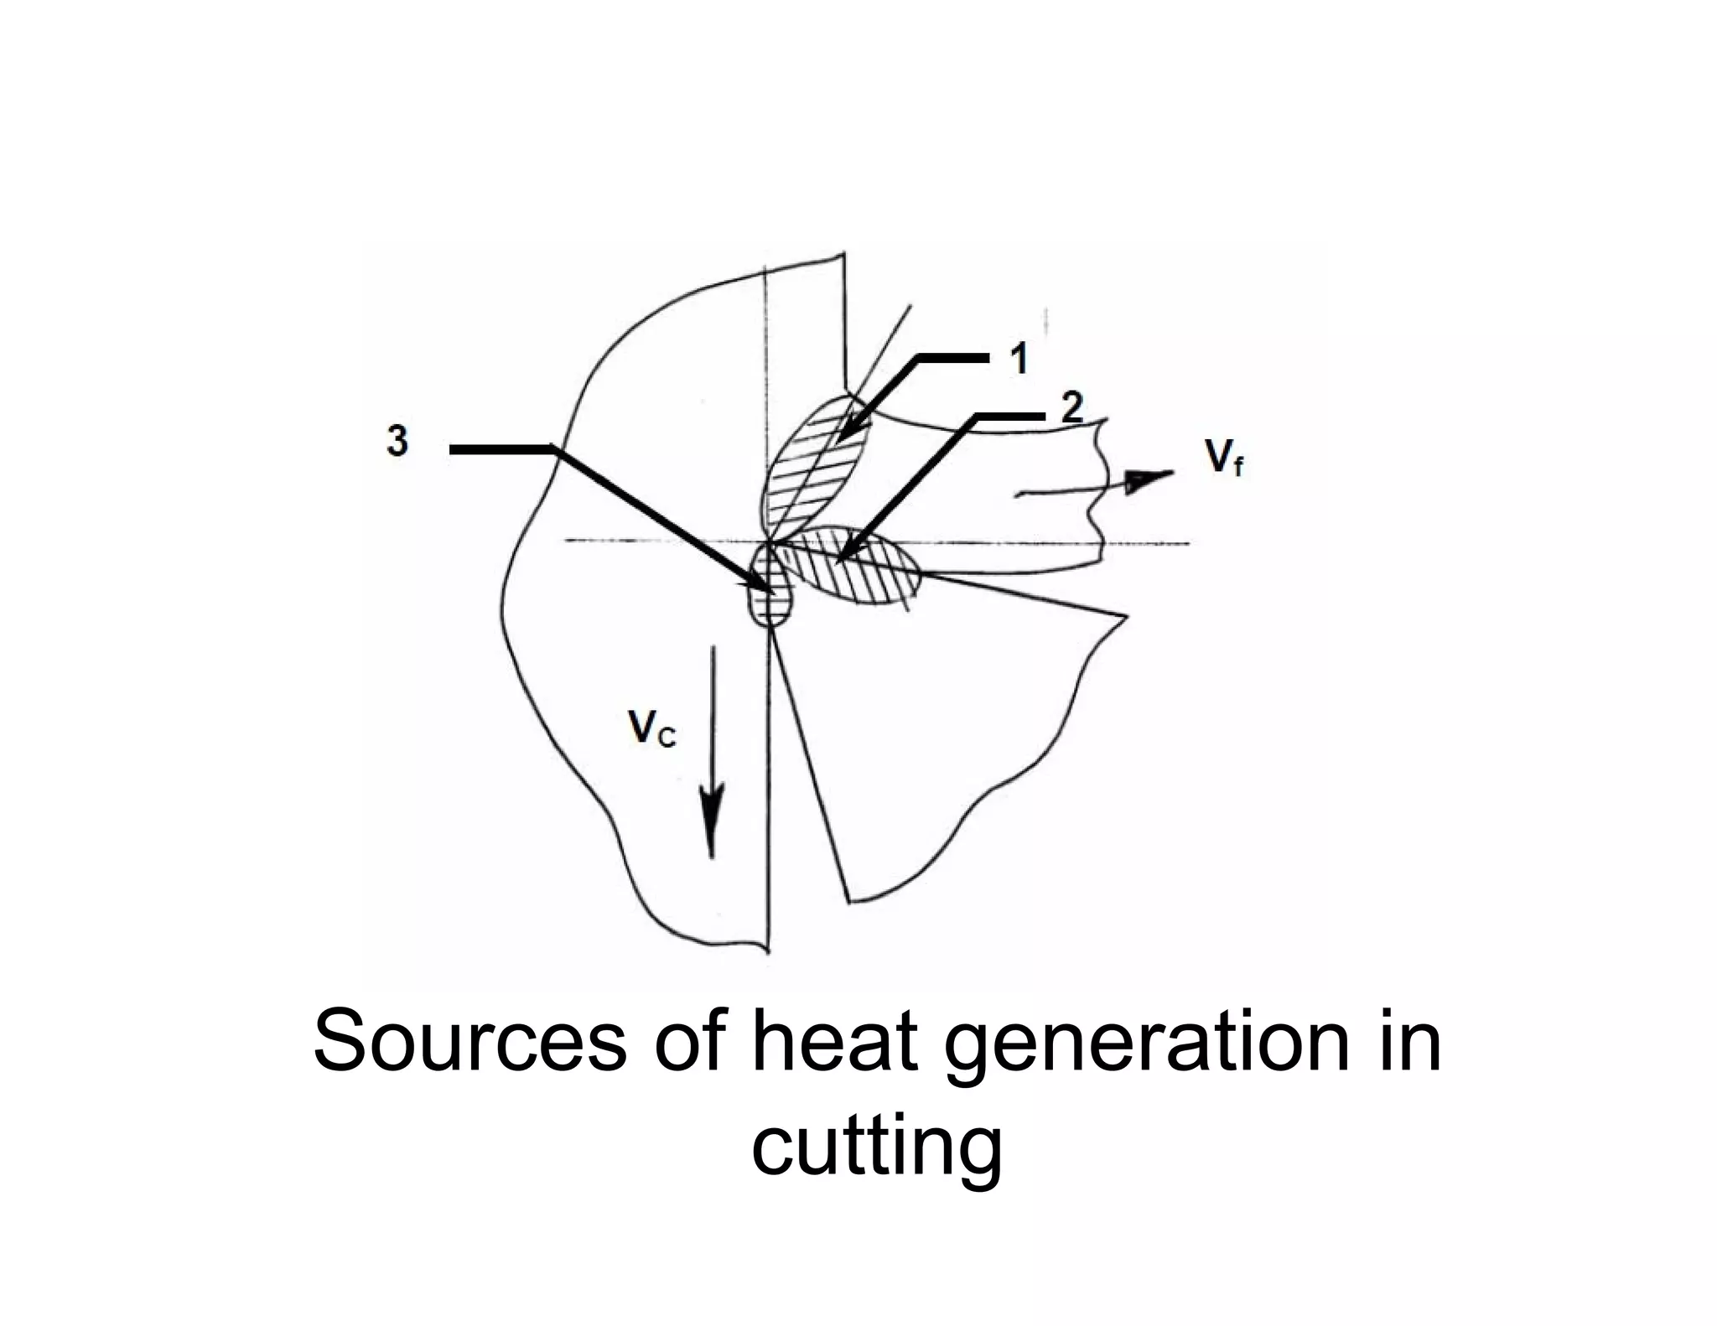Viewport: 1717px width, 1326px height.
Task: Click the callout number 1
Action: click(1019, 360)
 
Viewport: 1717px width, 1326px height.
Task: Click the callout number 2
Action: click(1071, 410)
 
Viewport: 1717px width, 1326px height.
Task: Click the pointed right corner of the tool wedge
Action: click(1125, 617)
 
